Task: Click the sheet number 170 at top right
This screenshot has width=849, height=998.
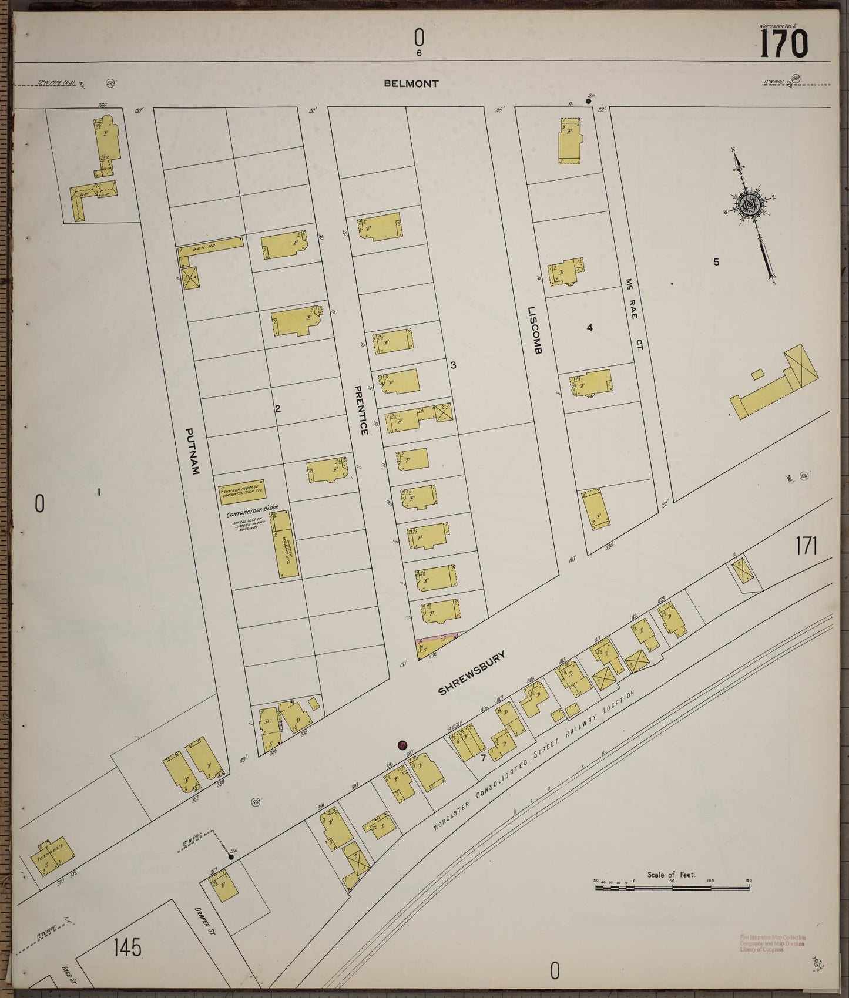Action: click(x=784, y=43)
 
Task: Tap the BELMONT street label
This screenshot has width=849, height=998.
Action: click(x=411, y=83)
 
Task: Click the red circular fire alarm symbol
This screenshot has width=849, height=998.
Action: click(x=402, y=745)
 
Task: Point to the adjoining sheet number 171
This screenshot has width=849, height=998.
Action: click(x=806, y=546)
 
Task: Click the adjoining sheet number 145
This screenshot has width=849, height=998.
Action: click(x=128, y=947)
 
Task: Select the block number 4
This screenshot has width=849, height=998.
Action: click(x=589, y=327)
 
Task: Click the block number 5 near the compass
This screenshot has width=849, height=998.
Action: click(x=716, y=262)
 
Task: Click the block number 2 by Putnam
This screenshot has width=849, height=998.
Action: click(x=277, y=408)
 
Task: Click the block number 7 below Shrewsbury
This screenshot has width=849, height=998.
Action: click(x=482, y=758)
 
